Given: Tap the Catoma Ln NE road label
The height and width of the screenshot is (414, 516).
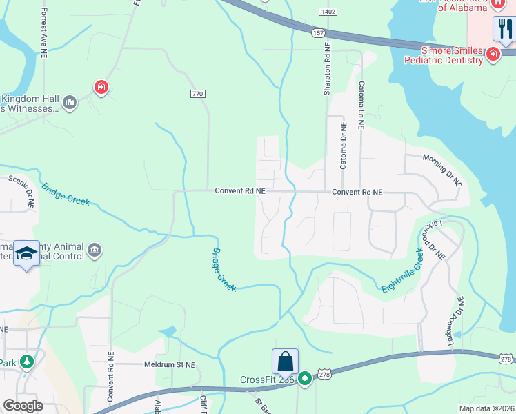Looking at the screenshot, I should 361,105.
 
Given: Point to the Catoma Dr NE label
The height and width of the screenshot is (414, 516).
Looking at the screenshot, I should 343,146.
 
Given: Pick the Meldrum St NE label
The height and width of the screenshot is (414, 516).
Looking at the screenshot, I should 170,365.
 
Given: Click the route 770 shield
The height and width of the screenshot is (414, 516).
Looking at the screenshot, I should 198,93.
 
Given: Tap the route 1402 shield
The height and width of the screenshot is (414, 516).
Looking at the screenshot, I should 328,12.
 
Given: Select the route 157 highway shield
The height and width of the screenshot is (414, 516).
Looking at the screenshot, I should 317,32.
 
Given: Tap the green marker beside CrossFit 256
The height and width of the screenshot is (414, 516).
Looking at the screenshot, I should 304,379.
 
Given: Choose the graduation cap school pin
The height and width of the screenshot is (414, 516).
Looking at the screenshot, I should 26,255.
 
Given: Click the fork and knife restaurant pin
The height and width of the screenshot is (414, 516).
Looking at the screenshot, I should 504,28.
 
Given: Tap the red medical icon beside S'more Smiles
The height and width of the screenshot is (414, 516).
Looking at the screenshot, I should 493,55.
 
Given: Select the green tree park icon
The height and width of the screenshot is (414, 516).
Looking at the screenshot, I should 26,362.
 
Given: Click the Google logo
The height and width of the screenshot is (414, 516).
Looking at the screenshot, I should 23,405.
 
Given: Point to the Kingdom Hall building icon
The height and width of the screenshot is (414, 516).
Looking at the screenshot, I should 70,103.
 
